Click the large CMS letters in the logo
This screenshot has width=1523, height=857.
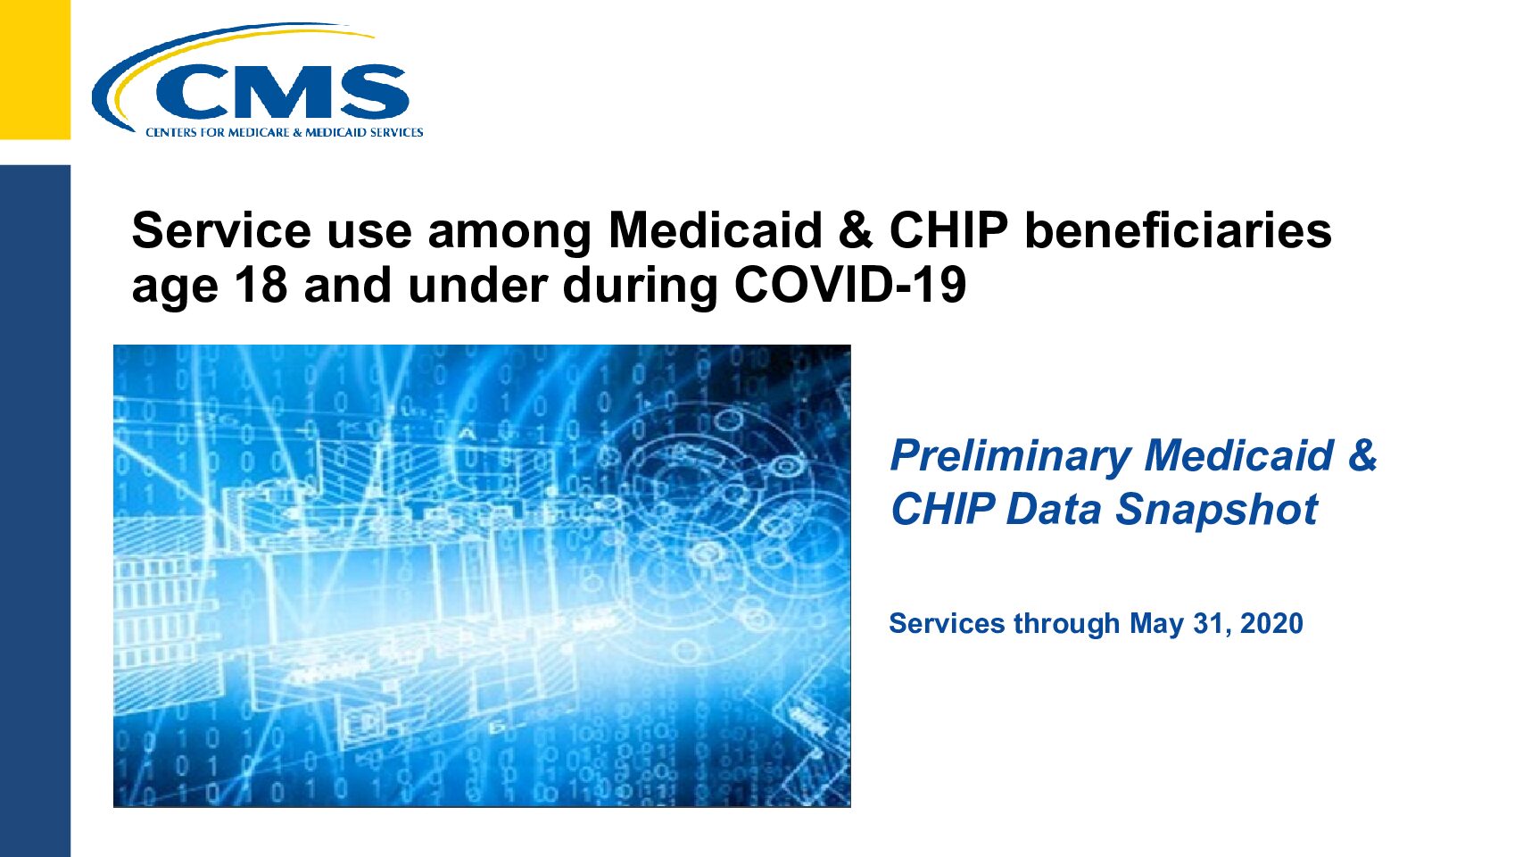coord(281,93)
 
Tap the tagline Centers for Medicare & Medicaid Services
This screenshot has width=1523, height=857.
coord(285,133)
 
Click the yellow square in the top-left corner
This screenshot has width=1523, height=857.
coord(36,70)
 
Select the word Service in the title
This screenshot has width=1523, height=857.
coord(221,230)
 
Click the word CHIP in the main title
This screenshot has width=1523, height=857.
coord(948,230)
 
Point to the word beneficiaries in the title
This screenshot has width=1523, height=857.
coord(1178,230)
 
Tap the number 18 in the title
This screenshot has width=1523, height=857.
coord(261,285)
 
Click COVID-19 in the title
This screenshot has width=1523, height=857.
coord(850,285)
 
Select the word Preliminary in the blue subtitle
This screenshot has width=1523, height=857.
coord(1010,456)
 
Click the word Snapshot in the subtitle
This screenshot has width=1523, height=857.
coord(1216,510)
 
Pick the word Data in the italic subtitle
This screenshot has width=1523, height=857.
coord(1053,510)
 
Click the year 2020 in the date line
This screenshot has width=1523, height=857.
coord(1271,624)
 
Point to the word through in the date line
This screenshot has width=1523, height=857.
coord(1066,624)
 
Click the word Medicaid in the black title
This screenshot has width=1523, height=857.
coord(716,230)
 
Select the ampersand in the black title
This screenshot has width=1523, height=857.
coord(856,230)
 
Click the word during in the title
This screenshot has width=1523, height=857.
coord(641,285)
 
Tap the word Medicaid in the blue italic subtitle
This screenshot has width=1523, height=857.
coord(1238,455)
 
